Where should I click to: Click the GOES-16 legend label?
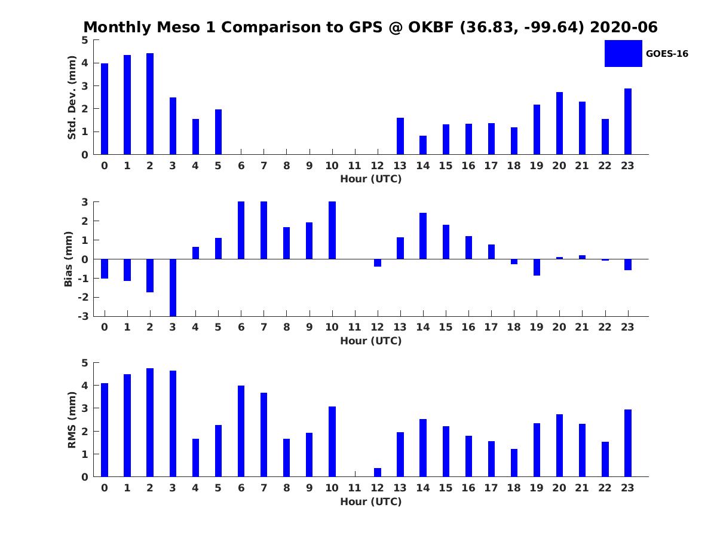click(x=667, y=54)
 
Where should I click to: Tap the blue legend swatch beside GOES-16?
click(x=623, y=53)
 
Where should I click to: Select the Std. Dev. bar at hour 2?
click(x=150, y=104)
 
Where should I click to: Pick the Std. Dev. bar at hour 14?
click(x=423, y=145)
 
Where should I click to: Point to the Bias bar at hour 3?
click(x=173, y=287)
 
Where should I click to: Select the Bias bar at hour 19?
click(x=537, y=267)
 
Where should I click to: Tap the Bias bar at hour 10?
click(x=332, y=230)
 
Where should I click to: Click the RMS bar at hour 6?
click(x=241, y=431)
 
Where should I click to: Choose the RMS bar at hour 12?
click(x=378, y=472)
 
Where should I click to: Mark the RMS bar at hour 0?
click(x=105, y=430)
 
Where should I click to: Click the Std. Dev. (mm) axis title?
click(x=72, y=97)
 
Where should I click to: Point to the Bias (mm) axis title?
click(x=69, y=259)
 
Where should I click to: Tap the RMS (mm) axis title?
click(x=72, y=420)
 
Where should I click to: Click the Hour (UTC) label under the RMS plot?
click(x=370, y=502)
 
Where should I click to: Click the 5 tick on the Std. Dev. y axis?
click(x=85, y=40)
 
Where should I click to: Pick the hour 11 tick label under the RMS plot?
click(x=355, y=488)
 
